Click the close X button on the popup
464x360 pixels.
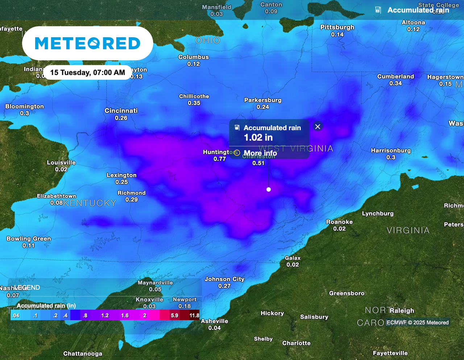[x=318, y=127]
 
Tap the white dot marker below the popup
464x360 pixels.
[x=269, y=189]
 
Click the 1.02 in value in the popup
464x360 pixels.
[x=258, y=137]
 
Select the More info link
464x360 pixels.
[x=260, y=153]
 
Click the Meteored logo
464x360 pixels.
[x=87, y=44]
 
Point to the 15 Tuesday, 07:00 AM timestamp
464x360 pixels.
[x=87, y=73]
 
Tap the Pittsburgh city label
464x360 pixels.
[x=337, y=28]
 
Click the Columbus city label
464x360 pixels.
[x=194, y=57]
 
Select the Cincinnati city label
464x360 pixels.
[x=121, y=111]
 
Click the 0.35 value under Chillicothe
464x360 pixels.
[x=194, y=103]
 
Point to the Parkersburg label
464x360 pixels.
[x=263, y=100]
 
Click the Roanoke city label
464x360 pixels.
[x=339, y=222]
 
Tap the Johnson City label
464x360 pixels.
[x=224, y=279]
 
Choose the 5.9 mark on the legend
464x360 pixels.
[x=174, y=315]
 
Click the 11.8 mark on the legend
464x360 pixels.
[x=194, y=315]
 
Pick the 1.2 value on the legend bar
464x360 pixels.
[x=105, y=315]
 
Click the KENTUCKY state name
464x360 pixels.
[x=90, y=203]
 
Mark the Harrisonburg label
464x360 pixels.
[x=391, y=151]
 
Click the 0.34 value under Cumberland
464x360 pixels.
[x=395, y=83]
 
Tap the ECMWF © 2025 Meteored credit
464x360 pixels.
[x=418, y=322]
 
